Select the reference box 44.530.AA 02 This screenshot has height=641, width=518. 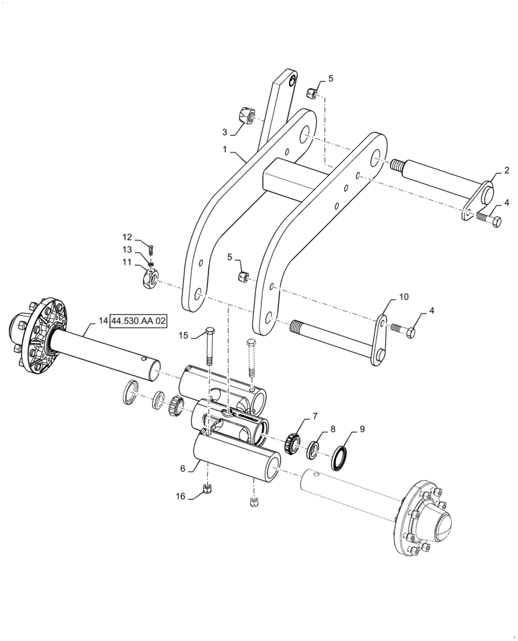point(139,320)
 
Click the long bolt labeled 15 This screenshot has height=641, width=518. point(210,352)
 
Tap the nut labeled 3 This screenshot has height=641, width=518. point(243,117)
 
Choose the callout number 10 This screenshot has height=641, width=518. point(403,297)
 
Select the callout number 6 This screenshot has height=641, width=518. point(183,469)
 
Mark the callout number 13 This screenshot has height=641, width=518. point(127,249)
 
